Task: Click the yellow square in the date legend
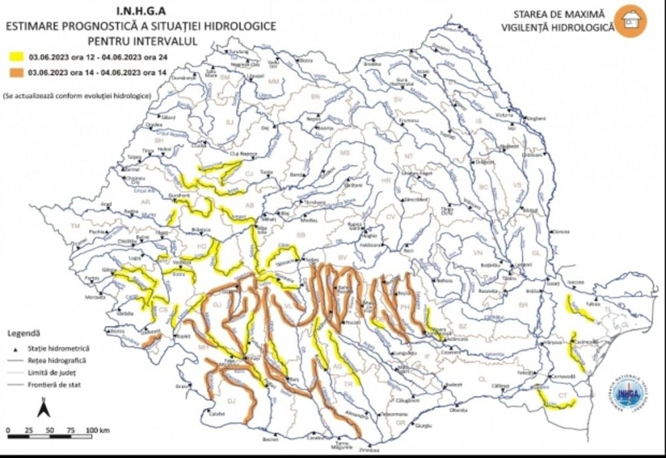(13, 58)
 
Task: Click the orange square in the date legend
(13, 71)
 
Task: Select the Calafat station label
(217, 413)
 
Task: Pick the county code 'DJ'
(232, 401)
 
